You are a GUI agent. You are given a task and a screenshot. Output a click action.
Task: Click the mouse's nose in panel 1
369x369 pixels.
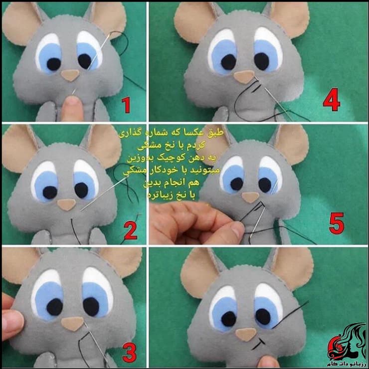[x=70, y=75]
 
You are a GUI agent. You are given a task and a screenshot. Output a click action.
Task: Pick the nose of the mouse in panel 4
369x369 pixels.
[x=244, y=77]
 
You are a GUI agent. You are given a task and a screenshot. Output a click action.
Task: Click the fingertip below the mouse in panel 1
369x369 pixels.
[x=72, y=105]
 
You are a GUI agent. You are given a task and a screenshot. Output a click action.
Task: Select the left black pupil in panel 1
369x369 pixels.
[x=53, y=63]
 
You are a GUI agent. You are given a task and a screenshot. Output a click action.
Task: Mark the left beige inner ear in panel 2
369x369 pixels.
[x=19, y=146]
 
